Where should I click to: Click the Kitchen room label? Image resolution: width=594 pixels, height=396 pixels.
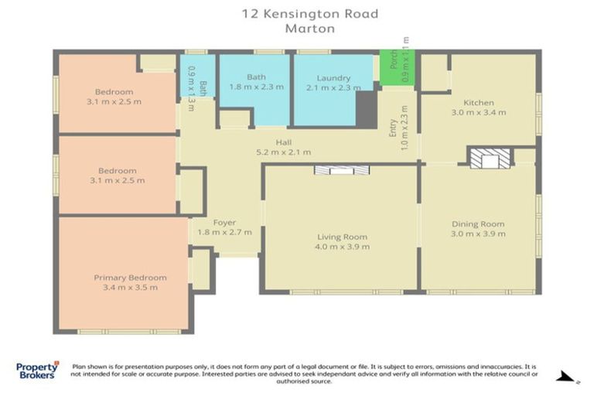(x=478, y=103)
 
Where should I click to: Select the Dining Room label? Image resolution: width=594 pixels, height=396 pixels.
(x=478, y=224)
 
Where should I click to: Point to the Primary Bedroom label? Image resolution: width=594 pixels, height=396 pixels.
(x=130, y=278)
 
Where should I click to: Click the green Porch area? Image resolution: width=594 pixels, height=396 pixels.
(x=398, y=67)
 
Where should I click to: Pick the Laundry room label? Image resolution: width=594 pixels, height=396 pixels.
(x=333, y=78)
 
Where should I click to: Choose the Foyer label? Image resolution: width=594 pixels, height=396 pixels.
(x=224, y=223)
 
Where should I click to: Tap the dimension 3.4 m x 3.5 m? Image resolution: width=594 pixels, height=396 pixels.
(x=130, y=288)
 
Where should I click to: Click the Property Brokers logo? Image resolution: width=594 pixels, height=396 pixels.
(x=37, y=370)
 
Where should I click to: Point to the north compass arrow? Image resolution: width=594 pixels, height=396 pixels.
(x=567, y=377)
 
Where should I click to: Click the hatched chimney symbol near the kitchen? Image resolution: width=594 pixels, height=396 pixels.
(x=490, y=158)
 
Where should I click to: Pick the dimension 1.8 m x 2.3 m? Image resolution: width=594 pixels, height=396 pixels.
(x=256, y=87)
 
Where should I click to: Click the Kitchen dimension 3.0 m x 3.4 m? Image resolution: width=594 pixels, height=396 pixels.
(x=478, y=113)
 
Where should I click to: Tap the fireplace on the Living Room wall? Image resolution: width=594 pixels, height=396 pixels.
(x=342, y=169)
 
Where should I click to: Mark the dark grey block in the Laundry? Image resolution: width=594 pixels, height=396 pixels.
(x=367, y=109)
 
